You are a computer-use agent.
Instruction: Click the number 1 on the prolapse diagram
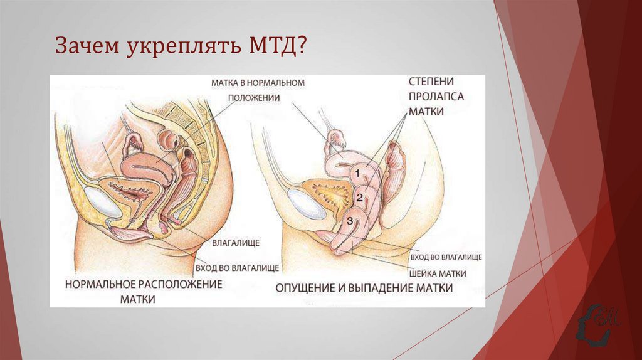tap(357, 171)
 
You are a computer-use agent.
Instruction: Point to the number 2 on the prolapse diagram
tap(359, 198)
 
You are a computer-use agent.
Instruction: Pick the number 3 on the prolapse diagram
tap(350, 220)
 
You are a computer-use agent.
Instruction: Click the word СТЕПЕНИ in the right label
tap(431, 82)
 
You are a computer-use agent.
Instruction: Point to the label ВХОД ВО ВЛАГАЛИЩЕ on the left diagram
tap(237, 268)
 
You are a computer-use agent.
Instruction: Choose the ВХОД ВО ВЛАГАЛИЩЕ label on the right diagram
tap(446, 258)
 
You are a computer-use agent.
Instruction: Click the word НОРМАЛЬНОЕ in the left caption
tap(103, 285)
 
